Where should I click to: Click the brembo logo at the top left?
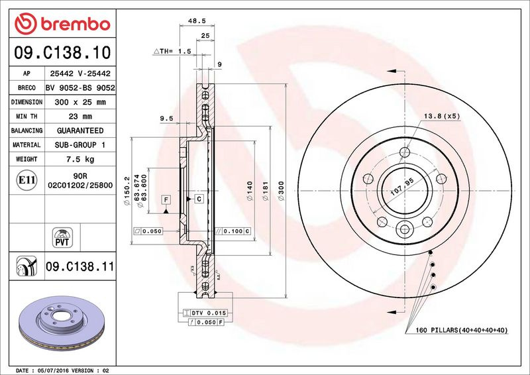(x=62, y=24)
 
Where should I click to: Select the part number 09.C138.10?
(x=62, y=52)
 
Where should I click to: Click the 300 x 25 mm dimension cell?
(x=80, y=102)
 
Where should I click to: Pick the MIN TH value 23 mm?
(x=80, y=117)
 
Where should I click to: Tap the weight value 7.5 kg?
(x=80, y=159)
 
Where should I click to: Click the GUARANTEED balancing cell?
(x=80, y=131)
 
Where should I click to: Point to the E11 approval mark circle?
(x=26, y=180)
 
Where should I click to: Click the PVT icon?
(x=62, y=237)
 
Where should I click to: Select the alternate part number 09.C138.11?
(x=80, y=266)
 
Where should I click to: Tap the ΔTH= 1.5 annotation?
(x=172, y=51)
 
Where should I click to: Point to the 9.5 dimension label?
(x=166, y=119)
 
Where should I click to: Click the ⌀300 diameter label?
(x=281, y=191)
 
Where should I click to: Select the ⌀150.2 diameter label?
(x=127, y=191)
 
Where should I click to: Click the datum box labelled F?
(x=166, y=200)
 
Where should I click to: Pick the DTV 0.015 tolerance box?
(x=205, y=313)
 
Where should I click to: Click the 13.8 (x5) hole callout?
(x=442, y=116)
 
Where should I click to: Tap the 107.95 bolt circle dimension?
(x=402, y=187)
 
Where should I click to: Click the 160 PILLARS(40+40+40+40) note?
(x=461, y=330)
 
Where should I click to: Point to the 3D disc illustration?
(x=62, y=322)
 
